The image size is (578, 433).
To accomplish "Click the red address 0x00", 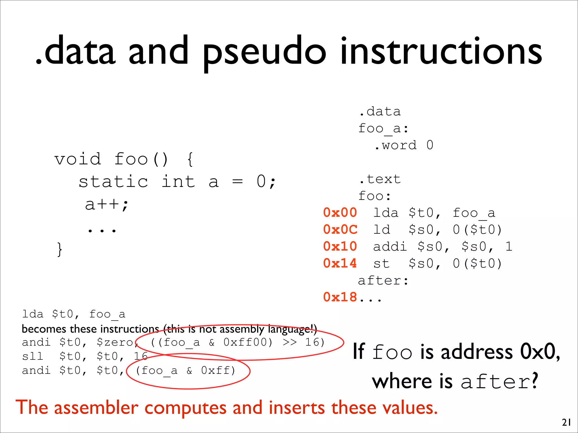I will click(x=340, y=213).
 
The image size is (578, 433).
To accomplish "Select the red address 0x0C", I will click(x=340, y=230).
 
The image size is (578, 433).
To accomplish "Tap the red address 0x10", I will click(x=340, y=247).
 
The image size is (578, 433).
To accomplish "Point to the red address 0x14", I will click(x=340, y=264).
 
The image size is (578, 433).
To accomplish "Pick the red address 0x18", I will click(x=340, y=297).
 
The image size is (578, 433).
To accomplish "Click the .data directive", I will click(x=380, y=112).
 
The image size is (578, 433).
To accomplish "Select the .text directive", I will click(x=380, y=179).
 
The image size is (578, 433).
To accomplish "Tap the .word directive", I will click(x=396, y=145).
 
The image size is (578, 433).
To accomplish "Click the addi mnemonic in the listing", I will click(x=390, y=247).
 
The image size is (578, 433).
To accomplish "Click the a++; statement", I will click(x=107, y=204).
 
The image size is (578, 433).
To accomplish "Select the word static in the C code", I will click(x=113, y=182).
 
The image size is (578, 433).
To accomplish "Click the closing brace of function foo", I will click(x=59, y=249).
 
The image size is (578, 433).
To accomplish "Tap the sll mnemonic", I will click(x=33, y=357).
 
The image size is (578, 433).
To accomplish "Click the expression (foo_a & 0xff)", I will click(x=185, y=371).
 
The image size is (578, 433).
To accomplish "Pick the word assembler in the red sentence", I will click(x=96, y=408).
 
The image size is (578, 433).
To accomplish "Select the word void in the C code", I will click(x=78, y=159).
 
